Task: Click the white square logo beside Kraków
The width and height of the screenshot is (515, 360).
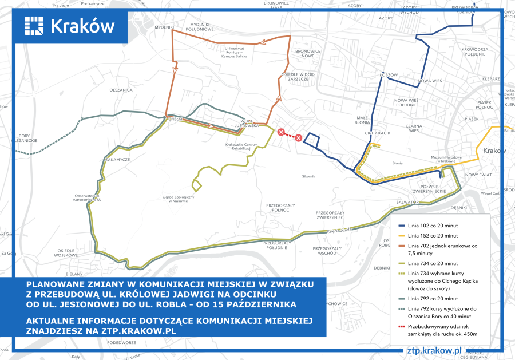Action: click(x=34, y=26)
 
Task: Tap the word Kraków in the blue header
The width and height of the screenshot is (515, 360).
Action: click(x=82, y=26)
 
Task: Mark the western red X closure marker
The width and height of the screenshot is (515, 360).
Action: click(x=280, y=133)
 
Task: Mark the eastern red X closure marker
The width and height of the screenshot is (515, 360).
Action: click(x=298, y=137)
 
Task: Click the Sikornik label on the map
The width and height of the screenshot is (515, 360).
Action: click(x=308, y=176)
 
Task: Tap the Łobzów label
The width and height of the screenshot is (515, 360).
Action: click(x=389, y=74)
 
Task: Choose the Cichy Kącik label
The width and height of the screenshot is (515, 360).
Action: click(x=377, y=133)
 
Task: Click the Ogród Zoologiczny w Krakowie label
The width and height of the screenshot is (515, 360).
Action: click(x=179, y=200)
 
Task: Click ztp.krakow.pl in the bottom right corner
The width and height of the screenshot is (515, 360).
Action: click(x=433, y=350)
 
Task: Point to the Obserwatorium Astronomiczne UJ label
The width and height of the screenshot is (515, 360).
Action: click(x=87, y=197)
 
